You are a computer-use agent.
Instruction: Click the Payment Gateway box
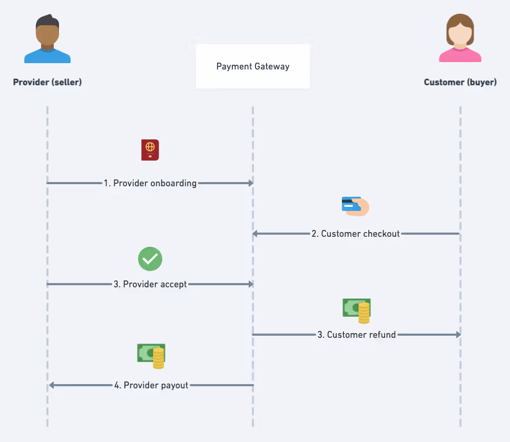click(253, 66)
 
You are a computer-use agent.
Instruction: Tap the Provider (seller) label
click(47, 82)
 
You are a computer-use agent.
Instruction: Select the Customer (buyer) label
click(460, 82)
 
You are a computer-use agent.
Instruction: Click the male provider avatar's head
click(47, 33)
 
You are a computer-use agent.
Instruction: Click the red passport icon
click(150, 150)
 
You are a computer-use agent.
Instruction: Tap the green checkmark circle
click(150, 258)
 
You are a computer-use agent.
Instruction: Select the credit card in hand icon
click(356, 206)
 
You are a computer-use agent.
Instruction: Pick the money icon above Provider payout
click(151, 356)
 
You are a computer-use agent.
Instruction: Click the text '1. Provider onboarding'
click(150, 183)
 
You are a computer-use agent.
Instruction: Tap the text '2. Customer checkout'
click(356, 234)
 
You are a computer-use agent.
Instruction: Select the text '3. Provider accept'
click(150, 284)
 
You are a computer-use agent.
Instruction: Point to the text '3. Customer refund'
click(357, 335)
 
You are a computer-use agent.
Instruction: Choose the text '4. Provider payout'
click(151, 385)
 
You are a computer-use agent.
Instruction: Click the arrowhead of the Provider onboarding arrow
click(251, 183)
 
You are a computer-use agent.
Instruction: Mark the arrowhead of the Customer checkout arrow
click(255, 234)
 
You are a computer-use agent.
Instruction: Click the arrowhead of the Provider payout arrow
click(51, 385)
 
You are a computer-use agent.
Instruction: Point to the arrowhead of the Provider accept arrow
click(251, 284)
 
